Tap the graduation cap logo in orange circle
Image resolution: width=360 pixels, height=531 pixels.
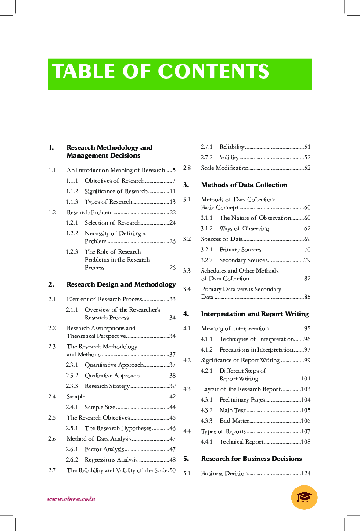tap(304, 497)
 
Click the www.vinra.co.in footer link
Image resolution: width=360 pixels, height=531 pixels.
tap(71, 499)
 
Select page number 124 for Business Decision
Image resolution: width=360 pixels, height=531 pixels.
tap(306, 474)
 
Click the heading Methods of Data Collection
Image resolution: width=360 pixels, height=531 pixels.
tap(244, 185)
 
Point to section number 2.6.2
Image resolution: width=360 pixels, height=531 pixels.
tap(72, 460)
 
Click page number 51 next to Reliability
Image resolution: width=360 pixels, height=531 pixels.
tap(307, 147)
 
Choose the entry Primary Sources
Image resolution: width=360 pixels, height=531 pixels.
tap(240, 250)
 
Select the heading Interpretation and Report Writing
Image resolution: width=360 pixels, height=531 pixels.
tap(255, 314)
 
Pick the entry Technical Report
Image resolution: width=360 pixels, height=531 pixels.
tap(241, 442)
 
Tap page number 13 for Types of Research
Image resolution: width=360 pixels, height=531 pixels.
tap(173, 202)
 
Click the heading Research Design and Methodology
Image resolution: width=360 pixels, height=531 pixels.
tap(121, 284)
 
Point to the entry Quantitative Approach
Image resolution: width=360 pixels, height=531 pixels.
tap(114, 365)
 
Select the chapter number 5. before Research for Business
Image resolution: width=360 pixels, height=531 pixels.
tap(186, 459)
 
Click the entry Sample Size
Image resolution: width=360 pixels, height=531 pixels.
tap(100, 407)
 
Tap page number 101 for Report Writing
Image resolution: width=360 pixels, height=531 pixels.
tap(306, 379)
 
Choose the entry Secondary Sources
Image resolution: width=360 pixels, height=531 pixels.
tap(243, 260)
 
